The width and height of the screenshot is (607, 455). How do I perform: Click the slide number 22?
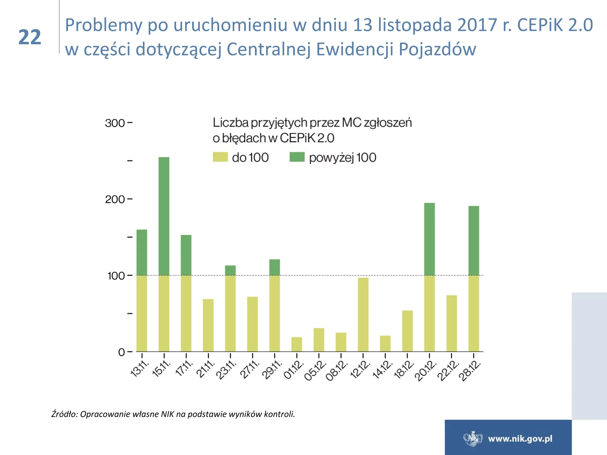(x=30, y=37)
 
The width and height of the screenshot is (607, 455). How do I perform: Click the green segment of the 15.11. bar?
(x=164, y=216)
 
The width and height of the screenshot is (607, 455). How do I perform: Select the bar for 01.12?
(x=297, y=344)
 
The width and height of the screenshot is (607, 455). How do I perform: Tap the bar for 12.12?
(x=363, y=315)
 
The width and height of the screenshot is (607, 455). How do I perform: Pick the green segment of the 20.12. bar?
(x=429, y=239)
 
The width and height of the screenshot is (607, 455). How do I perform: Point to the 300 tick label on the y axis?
(x=115, y=123)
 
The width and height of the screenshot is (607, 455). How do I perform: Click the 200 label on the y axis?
(x=115, y=199)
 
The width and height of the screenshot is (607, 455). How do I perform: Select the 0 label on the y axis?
(x=121, y=352)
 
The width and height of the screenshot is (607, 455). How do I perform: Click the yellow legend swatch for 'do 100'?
(x=220, y=157)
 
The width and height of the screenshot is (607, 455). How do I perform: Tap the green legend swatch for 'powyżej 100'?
(x=297, y=157)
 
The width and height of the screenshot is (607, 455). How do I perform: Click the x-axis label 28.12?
(x=470, y=370)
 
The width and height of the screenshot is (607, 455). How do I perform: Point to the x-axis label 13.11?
(x=139, y=369)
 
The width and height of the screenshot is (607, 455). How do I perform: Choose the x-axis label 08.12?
(x=337, y=370)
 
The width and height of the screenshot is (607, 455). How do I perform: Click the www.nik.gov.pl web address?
(x=520, y=439)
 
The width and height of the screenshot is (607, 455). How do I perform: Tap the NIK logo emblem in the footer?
(x=473, y=439)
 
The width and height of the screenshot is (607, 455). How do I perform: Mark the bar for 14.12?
(x=385, y=343)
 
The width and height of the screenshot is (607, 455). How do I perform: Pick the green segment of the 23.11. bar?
(x=230, y=270)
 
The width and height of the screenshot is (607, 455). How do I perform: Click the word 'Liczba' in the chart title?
(x=231, y=123)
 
